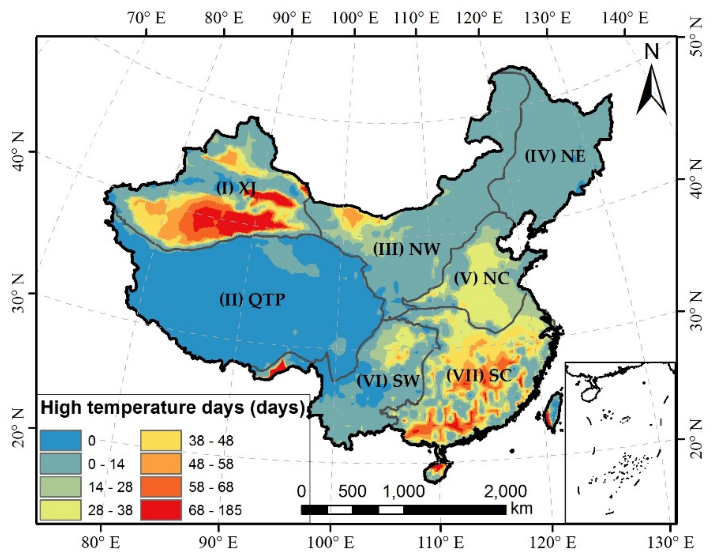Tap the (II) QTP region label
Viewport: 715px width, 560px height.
tap(252, 299)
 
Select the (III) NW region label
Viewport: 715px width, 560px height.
tap(406, 250)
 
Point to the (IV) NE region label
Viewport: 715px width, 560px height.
tap(555, 156)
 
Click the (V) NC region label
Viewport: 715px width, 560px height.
tap(481, 278)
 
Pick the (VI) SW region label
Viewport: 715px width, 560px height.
tap(388, 381)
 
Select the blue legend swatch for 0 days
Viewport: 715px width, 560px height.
tap(61, 440)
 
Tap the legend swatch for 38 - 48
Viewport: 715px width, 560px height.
tap(161, 440)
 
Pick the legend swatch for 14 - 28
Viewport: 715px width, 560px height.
tap(61, 487)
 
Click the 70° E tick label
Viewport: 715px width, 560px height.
tap(147, 18)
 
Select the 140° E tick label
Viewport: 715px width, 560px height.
tap(625, 18)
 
